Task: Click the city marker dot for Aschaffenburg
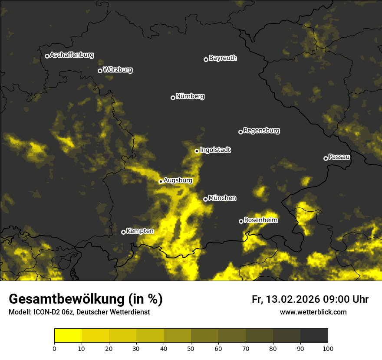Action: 47,56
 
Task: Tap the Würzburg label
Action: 118,70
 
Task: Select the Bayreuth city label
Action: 223,58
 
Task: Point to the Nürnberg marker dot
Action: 173,98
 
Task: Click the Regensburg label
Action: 261,131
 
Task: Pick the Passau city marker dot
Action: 326,158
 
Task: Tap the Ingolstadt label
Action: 215,150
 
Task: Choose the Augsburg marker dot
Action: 161,181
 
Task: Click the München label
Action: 222,198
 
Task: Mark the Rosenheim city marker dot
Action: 241,221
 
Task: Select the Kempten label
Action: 140,231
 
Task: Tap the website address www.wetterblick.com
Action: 313,312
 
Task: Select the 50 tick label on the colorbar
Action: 191,348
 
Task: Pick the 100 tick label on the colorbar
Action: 328,348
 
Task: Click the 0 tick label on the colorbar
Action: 54,348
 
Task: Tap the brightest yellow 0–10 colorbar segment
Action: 68,336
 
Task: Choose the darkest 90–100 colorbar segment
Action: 314,336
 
